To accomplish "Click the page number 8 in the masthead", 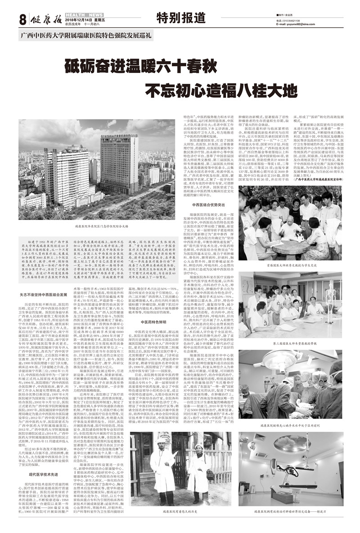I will (x=21, y=19).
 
